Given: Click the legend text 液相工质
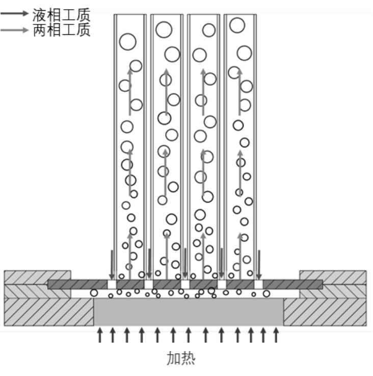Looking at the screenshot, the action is point(62,15).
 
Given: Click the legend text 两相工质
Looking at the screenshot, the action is point(62,30).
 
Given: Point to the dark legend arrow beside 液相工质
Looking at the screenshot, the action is point(14,13).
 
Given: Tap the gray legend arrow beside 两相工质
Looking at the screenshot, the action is point(14,30).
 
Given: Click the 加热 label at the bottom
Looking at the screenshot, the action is point(181,358).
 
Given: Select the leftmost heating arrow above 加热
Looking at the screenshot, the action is point(100,335).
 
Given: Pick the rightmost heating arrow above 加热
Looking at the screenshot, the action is point(276,335).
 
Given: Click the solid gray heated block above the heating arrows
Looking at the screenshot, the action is point(189,312).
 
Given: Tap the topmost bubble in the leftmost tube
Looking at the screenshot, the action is point(128,42).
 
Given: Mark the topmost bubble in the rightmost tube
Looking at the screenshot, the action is point(237,25).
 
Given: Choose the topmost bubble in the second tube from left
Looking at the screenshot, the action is point(164,30).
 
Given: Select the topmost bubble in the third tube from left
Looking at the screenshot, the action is point(209,30).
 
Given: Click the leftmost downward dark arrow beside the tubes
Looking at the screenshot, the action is point(112,265).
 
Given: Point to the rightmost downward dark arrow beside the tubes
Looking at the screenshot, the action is point(259,265).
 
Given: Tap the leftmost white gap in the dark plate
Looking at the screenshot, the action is point(112,285).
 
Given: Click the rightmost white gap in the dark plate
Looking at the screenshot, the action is point(258,285).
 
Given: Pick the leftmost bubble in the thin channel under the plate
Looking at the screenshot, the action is point(94,293).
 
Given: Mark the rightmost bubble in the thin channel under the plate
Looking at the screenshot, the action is point(267,293).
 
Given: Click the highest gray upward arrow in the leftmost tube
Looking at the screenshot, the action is point(130,92).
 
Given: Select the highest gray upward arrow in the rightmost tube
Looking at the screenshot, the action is point(239,92).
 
